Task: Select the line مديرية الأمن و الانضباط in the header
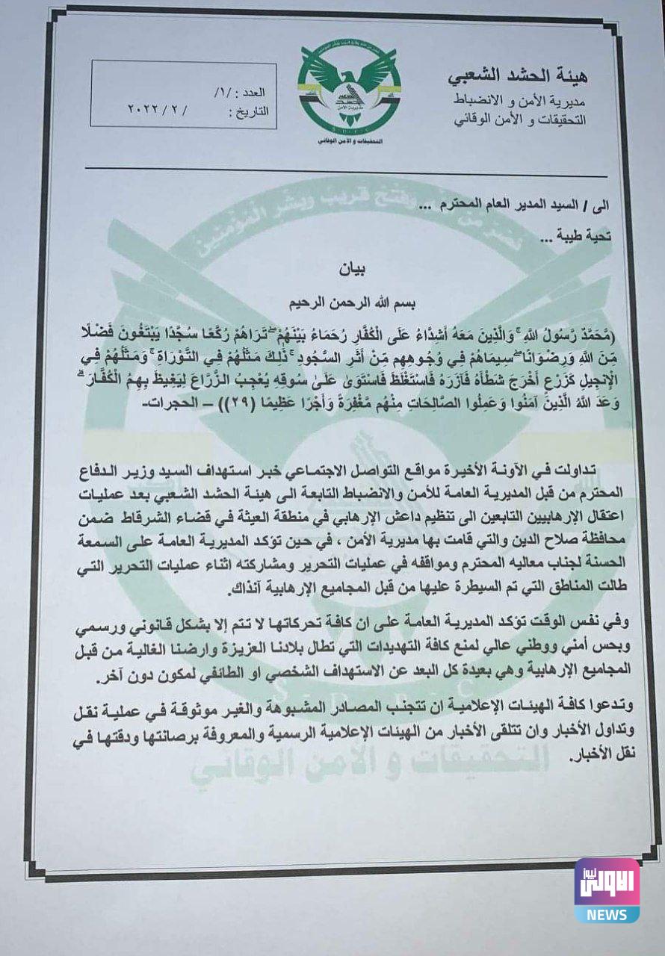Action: click(521, 99)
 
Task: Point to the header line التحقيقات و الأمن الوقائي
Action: click(522, 119)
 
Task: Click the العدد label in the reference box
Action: click(253, 94)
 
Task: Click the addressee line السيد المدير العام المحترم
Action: click(516, 205)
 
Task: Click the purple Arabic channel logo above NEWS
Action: click(606, 882)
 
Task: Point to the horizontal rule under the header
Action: click(351, 169)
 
